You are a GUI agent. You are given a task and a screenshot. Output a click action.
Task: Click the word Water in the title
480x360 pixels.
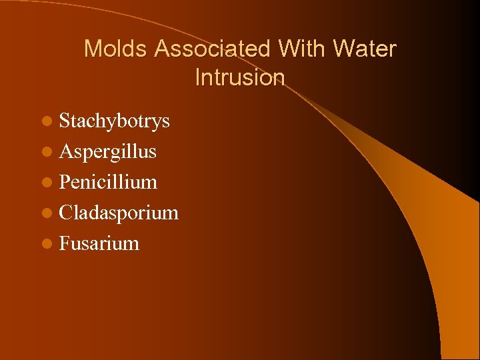tap(365, 49)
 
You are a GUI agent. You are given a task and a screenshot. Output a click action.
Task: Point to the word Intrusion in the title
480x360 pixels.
tap(240, 78)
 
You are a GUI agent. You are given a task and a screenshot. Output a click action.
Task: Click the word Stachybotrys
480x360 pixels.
tap(114, 121)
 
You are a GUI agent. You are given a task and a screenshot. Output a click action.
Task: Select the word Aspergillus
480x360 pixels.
tap(108, 152)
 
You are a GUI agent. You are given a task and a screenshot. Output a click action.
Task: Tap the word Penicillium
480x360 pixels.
tap(108, 182)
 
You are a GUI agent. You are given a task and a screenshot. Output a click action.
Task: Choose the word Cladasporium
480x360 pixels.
tap(119, 213)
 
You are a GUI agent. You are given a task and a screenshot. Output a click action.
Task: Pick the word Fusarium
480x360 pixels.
tap(99, 243)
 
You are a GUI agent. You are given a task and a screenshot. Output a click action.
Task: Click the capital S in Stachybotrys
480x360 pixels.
tap(64, 121)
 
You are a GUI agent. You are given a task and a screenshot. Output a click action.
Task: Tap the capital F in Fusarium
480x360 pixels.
tap(64, 243)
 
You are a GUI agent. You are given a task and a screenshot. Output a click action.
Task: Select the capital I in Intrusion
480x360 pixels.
tap(198, 78)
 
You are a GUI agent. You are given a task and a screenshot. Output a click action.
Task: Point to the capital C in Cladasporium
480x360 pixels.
tap(65, 213)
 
